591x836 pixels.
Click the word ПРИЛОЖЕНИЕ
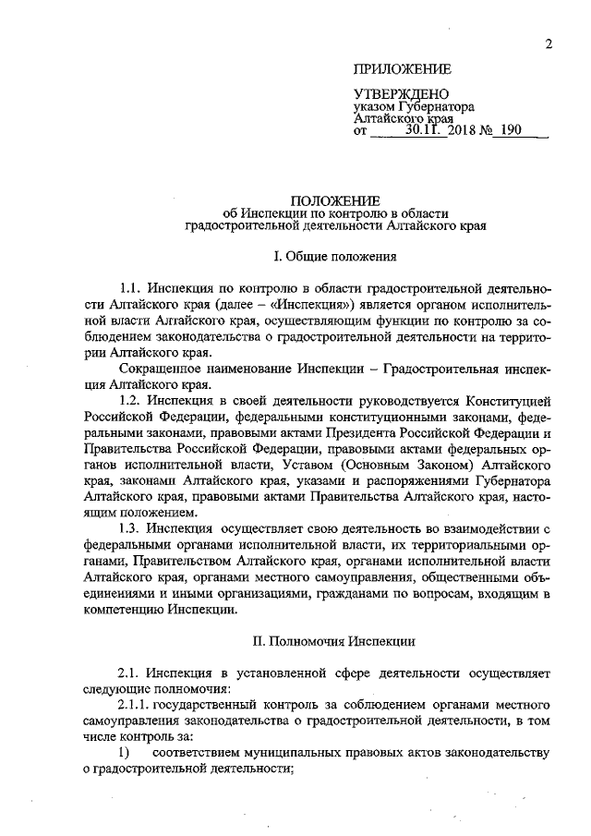coord(403,69)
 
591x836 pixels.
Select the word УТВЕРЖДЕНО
coord(402,96)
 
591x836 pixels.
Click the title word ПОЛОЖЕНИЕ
coord(334,199)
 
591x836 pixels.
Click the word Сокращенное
coord(154,369)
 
